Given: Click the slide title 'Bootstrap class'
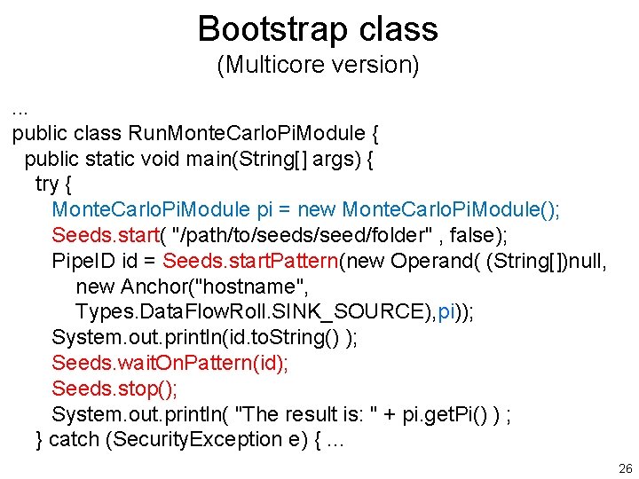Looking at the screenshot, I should coord(318,28).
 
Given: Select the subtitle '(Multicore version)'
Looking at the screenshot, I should coord(318,66).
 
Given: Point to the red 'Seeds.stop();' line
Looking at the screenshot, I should coord(114,389).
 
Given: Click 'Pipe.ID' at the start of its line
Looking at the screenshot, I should coord(83,262).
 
